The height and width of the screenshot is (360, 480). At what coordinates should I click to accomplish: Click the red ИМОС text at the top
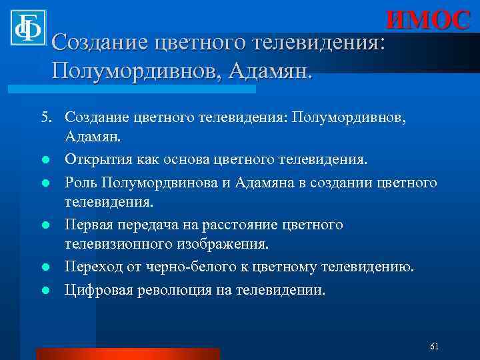(427, 20)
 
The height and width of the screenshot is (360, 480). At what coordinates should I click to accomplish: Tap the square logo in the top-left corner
(27, 27)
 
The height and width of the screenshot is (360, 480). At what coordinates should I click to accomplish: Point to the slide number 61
(434, 347)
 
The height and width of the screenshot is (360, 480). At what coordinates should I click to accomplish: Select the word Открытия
(95, 160)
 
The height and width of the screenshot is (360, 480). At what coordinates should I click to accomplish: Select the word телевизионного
(117, 245)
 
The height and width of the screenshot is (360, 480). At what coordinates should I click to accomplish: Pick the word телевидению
(367, 267)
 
